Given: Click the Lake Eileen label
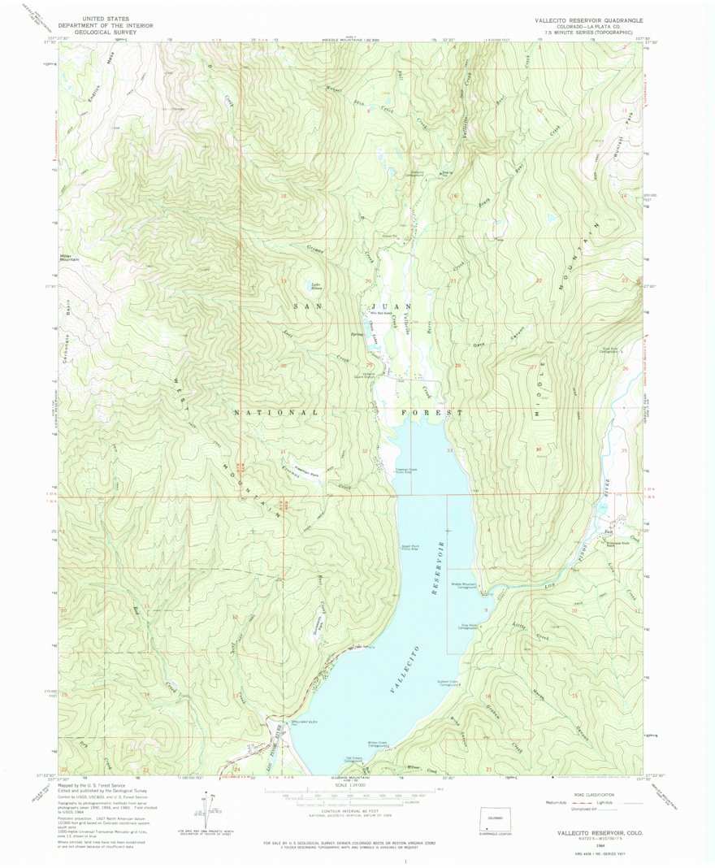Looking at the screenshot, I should (311, 286).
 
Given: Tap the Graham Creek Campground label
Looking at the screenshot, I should (451, 684).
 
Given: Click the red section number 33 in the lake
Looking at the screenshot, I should (448, 450).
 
